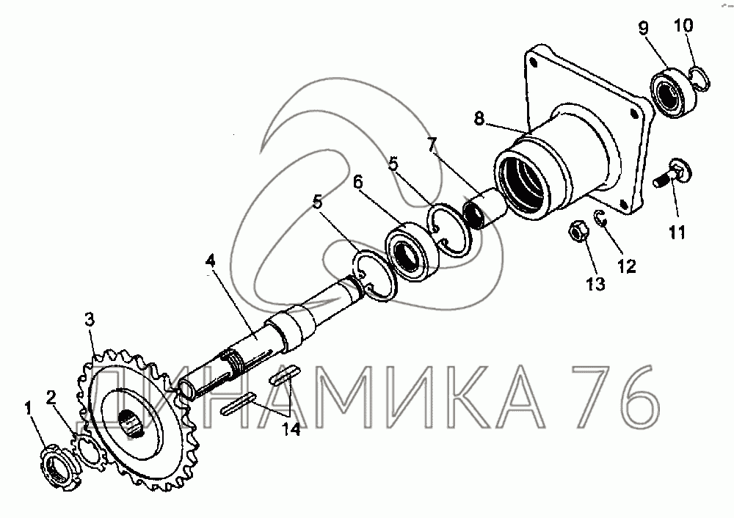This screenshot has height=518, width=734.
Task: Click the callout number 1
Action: pos(29,408)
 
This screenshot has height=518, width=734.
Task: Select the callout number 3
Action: pos(90,320)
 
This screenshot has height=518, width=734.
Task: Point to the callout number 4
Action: pos(211,261)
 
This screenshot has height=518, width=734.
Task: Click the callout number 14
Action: pos(291,429)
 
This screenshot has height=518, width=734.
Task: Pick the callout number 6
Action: pos(358,182)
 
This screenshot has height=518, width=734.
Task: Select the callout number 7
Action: pos(432,145)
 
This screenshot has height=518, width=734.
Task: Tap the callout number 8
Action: pos(479,119)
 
